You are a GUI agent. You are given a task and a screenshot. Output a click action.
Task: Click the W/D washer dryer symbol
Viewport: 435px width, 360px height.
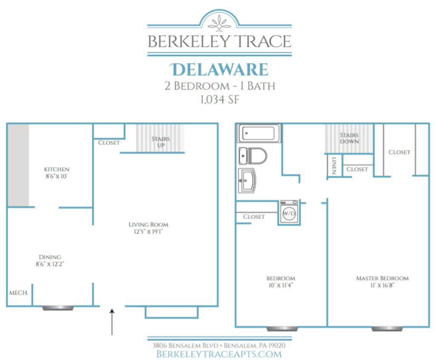pos(289,212)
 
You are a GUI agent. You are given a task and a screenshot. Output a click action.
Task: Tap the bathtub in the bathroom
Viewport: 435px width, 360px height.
pos(259,133)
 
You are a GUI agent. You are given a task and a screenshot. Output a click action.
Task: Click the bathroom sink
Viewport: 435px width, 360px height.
pos(247,181)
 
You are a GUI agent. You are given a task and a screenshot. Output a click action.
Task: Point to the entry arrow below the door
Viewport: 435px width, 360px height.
pos(112,322)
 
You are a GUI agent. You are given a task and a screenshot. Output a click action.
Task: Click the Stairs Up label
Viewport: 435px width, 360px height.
pos(161,142)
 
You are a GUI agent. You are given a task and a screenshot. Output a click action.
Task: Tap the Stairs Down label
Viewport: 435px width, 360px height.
pos(349,138)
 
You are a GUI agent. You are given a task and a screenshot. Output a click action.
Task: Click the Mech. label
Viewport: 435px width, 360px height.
pos(18,293)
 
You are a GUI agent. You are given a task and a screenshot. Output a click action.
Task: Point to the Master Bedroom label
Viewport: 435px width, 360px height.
pos(382,278)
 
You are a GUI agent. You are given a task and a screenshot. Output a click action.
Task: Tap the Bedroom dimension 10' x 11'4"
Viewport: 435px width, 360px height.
pos(278,286)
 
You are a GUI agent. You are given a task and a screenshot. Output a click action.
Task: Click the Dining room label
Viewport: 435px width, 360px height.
pos(50,257)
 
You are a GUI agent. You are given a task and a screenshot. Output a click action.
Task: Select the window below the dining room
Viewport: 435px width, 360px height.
pos(58,307)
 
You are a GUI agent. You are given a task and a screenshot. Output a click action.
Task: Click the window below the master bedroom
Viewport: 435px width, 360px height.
pos(387,328)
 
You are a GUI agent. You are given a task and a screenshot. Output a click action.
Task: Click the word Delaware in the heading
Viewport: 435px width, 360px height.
pos(219,69)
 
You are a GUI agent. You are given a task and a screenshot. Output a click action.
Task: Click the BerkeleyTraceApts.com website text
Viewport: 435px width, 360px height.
pos(219,354)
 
